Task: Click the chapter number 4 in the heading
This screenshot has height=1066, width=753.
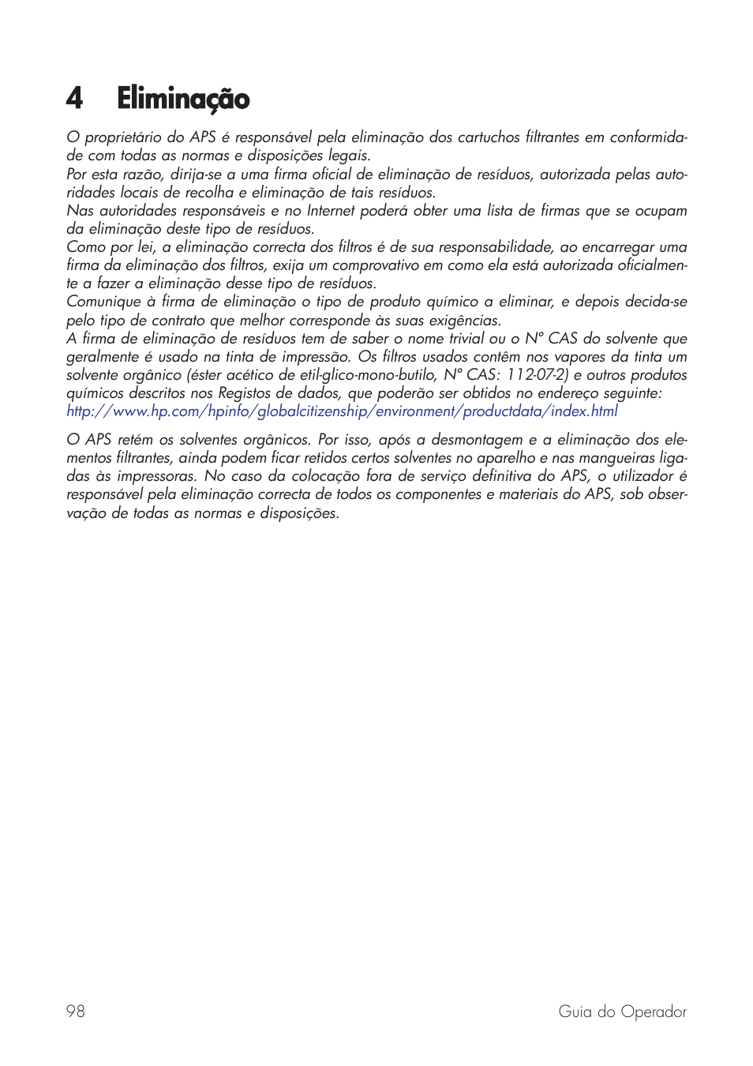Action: coord(74,99)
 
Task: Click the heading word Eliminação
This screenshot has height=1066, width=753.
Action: coord(183,99)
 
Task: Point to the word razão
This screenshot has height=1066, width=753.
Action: coord(142,175)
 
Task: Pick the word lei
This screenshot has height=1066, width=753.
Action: coord(146,247)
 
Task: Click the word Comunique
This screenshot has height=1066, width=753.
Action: coord(103,302)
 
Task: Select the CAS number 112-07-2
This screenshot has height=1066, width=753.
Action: coord(537,375)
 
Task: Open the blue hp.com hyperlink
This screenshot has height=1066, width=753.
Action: coord(342,411)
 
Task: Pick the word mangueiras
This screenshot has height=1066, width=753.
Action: coord(614,458)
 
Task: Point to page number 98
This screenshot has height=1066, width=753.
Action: coord(76,1012)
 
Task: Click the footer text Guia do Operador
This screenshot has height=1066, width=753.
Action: coord(622,1012)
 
